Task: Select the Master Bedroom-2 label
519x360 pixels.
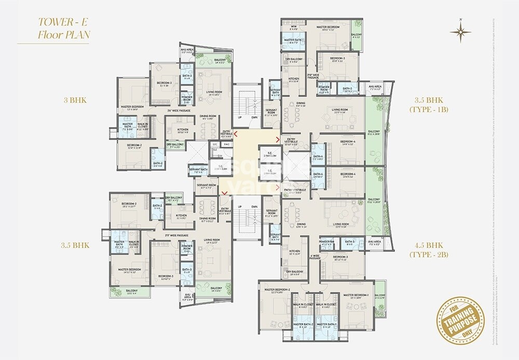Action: (277, 289)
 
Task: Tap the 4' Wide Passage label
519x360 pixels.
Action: (315, 257)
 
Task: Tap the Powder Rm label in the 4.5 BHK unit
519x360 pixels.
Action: (326, 241)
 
